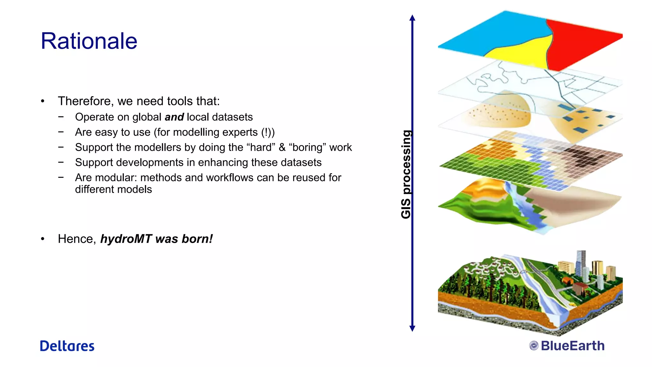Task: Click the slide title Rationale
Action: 89,41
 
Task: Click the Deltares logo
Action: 67,346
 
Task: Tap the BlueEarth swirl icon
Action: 534,346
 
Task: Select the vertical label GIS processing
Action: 406,174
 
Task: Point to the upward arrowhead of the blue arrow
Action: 412,18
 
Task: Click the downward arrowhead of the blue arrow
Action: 412,328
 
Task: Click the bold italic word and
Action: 174,117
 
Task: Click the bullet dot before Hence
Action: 43,239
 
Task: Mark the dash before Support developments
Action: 61,162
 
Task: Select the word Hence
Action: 77,239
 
